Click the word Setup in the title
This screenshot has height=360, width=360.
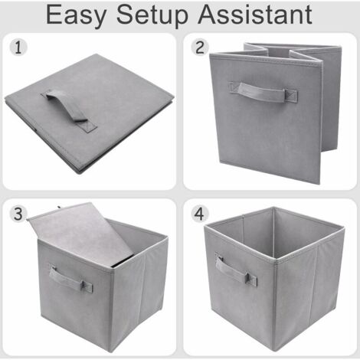(152, 16)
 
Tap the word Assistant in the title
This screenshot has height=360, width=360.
(255, 15)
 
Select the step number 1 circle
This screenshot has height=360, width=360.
(18, 47)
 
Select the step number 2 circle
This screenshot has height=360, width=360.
(200, 47)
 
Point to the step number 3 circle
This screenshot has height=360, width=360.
(18, 214)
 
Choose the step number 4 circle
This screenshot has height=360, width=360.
(200, 214)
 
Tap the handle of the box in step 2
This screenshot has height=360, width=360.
(263, 93)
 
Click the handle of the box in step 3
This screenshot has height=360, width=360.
(70, 279)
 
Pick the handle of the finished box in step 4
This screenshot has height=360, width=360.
(236, 270)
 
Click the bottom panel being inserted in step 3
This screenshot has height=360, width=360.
(81, 231)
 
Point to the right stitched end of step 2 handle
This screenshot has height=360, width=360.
(291, 96)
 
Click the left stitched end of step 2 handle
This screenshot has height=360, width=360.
(234, 87)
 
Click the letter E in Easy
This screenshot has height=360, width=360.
(54, 15)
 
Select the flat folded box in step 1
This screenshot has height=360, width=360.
(90, 113)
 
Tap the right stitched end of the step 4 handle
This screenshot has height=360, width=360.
(251, 280)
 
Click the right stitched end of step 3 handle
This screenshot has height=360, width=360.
(87, 286)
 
